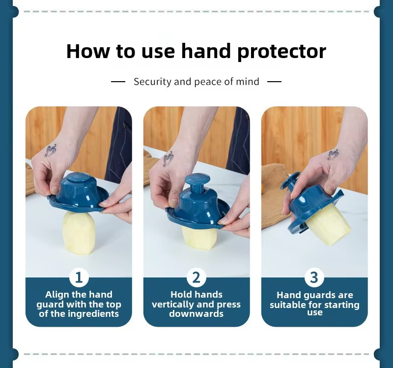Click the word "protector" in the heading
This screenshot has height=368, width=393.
click(x=281, y=52)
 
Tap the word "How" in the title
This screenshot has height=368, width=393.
click(x=88, y=51)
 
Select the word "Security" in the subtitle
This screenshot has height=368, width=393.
click(x=152, y=82)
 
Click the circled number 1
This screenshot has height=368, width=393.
click(x=79, y=277)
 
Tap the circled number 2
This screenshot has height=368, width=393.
click(x=196, y=277)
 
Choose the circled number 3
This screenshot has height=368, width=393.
click(x=314, y=277)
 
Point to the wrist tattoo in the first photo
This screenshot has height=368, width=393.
click(x=51, y=150)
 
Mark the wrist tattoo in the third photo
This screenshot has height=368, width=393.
click(x=334, y=154)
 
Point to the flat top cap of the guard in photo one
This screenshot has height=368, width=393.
click(x=78, y=177)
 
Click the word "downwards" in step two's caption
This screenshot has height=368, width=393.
click(x=196, y=314)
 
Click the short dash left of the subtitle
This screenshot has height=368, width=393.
click(x=118, y=82)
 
